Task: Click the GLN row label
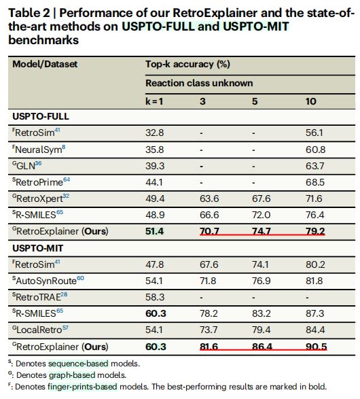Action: [x=27, y=166]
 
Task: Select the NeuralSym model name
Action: [x=39, y=150]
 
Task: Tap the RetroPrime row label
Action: [x=41, y=182]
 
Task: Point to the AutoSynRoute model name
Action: [x=48, y=281]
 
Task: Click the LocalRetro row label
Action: [x=40, y=330]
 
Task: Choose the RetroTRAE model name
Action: [x=39, y=297]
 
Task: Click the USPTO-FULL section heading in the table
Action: [x=41, y=116]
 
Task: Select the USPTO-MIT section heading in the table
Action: [x=38, y=248]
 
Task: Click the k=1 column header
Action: [x=154, y=101]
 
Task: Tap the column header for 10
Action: [x=310, y=101]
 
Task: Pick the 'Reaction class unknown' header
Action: [x=199, y=83]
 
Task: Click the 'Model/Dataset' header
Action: [x=45, y=64]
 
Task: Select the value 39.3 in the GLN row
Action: [x=155, y=166]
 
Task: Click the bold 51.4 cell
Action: [x=155, y=231]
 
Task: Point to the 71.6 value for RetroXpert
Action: [x=314, y=198]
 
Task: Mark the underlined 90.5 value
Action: [x=317, y=347]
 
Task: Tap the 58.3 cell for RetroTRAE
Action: [x=155, y=297]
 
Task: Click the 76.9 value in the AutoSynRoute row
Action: [x=261, y=281]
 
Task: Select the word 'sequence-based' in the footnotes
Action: [x=78, y=364]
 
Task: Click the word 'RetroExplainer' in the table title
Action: [x=215, y=13]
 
